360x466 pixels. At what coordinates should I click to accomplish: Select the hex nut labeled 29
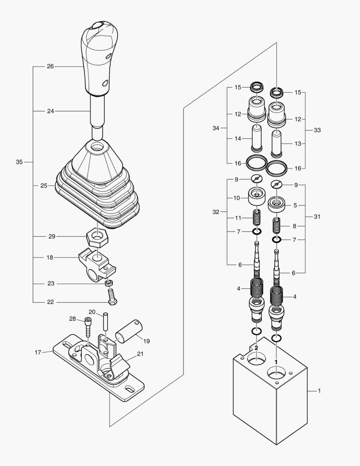tap(97, 237)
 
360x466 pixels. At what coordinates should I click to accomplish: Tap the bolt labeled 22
tap(112, 297)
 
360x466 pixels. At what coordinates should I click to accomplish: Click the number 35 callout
tap(19, 162)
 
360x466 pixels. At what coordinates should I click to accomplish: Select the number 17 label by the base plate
tap(38, 353)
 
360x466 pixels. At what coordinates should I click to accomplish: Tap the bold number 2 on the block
tap(256, 347)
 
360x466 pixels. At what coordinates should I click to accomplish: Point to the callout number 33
tap(317, 130)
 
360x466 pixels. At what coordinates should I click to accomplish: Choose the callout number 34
tap(216, 128)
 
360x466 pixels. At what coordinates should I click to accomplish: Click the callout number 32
tap(216, 212)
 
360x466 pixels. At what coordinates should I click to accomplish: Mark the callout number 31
tap(317, 217)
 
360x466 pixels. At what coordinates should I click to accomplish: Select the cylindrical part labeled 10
tap(257, 198)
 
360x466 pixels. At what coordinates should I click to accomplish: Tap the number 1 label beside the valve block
tap(319, 391)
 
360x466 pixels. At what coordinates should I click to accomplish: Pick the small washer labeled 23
tap(109, 283)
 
